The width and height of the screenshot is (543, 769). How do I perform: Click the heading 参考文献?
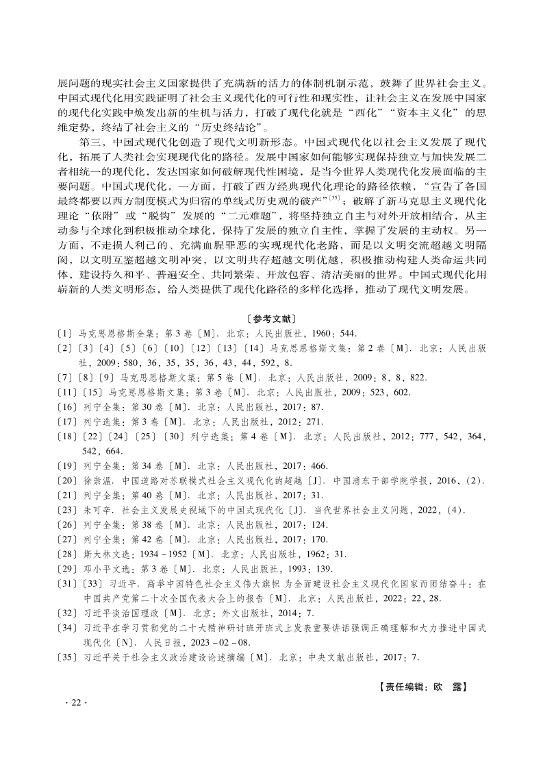[271, 319]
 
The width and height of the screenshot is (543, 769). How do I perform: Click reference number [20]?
[68, 480]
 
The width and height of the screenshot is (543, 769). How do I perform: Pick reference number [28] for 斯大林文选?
[68, 554]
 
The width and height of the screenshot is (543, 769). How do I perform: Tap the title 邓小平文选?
[101, 570]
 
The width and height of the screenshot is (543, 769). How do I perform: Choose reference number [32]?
[68, 613]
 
